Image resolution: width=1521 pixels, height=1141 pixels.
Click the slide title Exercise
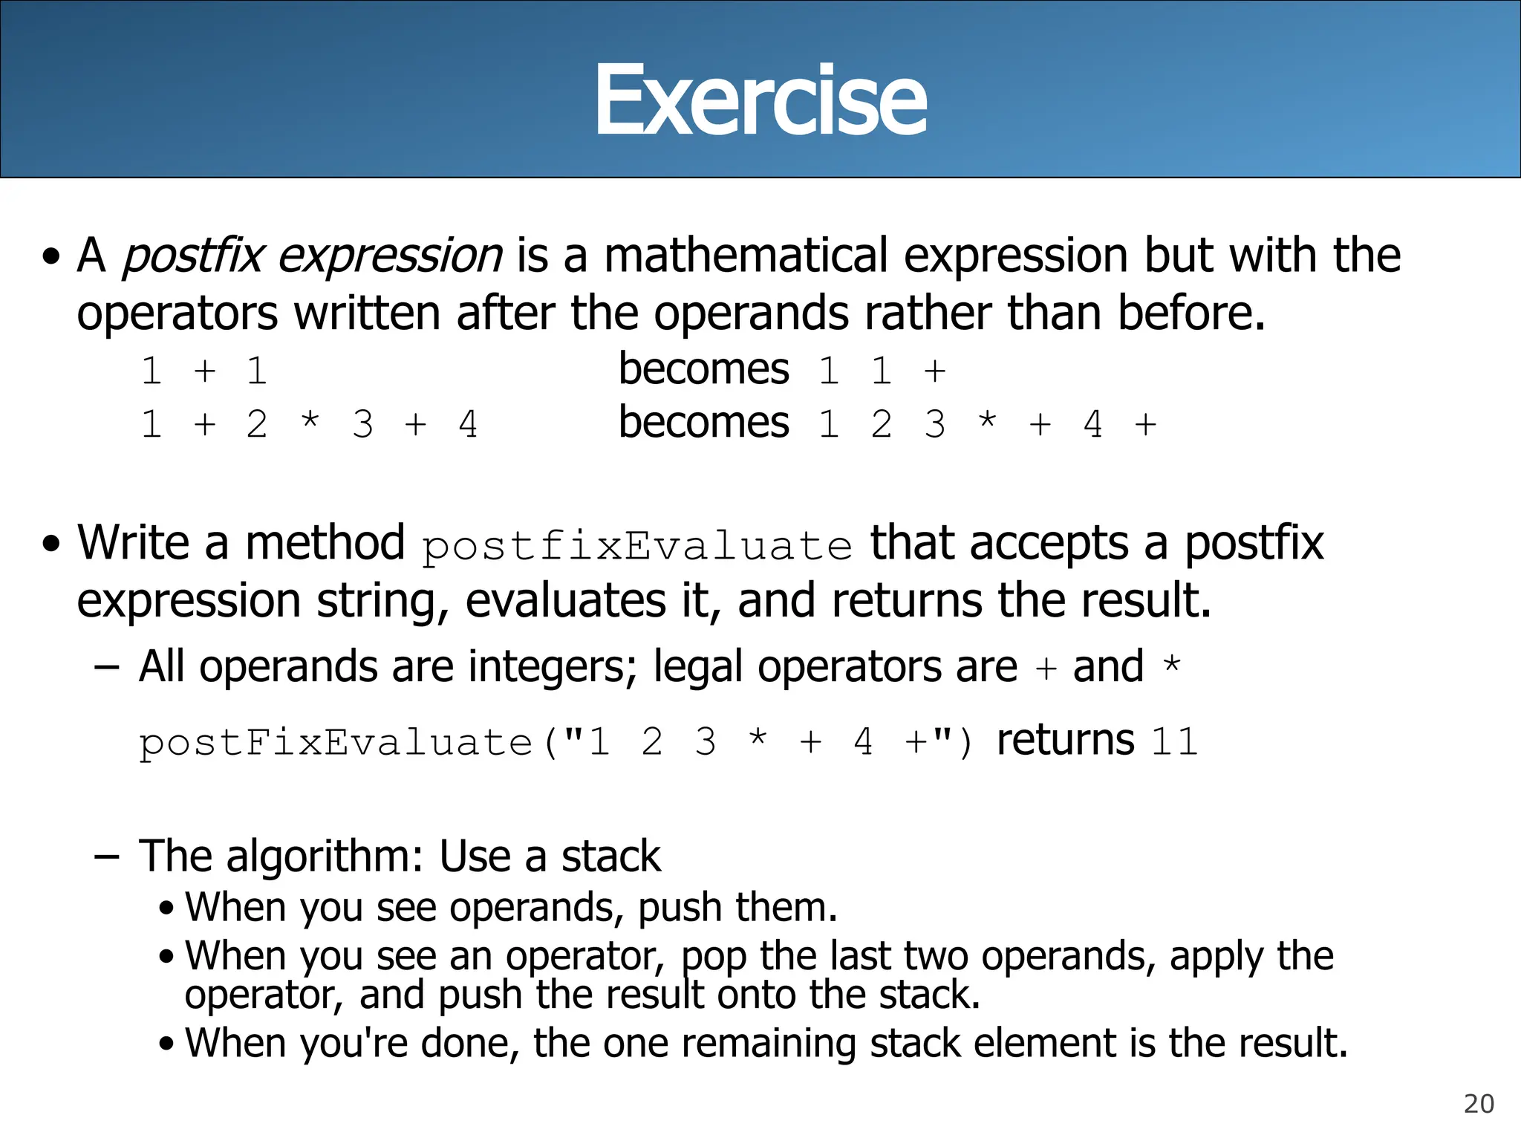pos(760,100)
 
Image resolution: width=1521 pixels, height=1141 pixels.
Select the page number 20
pos(1478,1104)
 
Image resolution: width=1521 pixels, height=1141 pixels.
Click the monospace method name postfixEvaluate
pos(636,547)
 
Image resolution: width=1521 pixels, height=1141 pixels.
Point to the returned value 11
pos(1174,741)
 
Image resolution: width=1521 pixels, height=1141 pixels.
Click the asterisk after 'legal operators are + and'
pos(1171,663)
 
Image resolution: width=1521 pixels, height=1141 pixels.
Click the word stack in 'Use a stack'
pos(610,856)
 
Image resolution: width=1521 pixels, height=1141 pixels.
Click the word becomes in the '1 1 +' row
pos(703,369)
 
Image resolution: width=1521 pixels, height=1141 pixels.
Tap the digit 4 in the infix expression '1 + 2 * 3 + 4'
pos(468,424)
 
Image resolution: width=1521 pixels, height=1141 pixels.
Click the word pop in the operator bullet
pos(714,958)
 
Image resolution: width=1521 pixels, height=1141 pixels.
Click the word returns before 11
pos(1065,740)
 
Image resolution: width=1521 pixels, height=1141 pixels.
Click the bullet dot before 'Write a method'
pos(51,544)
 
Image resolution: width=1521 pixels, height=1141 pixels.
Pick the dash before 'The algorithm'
pos(107,856)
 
